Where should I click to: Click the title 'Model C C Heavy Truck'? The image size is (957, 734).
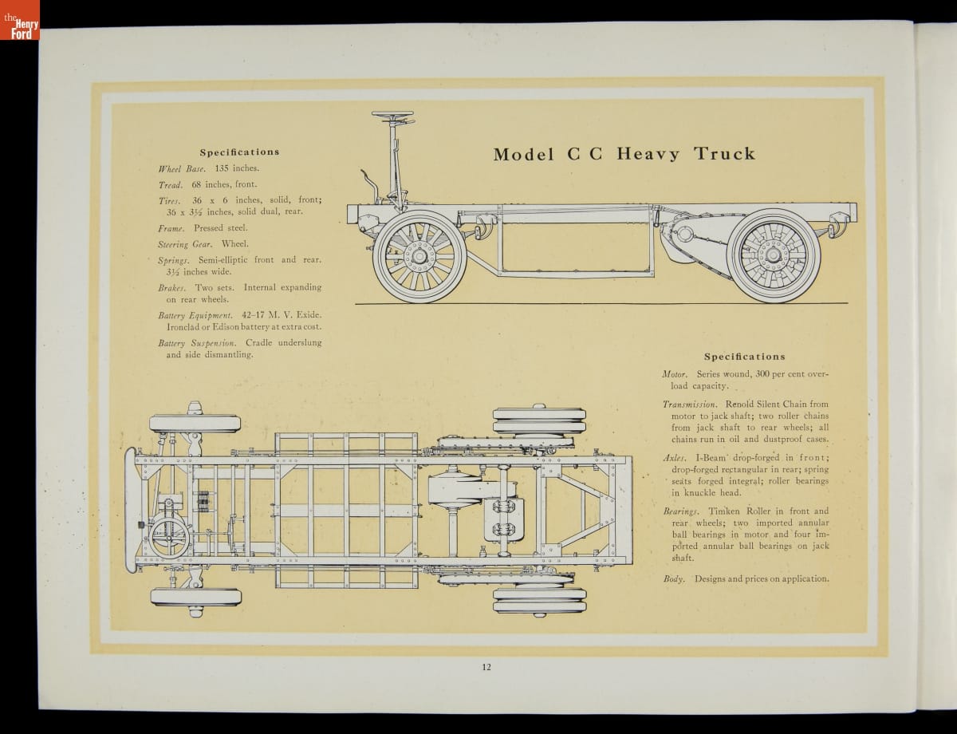(624, 154)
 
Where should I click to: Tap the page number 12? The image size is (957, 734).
(486, 668)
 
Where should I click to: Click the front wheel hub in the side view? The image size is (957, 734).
(419, 256)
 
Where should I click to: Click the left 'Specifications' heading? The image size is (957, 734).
(239, 152)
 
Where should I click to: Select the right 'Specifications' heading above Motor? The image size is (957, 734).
(744, 357)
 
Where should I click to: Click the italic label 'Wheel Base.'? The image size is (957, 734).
(183, 168)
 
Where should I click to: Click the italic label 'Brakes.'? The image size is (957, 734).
(171, 287)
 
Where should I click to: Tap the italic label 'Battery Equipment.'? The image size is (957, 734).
(195, 315)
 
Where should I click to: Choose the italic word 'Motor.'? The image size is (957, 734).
(675, 373)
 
